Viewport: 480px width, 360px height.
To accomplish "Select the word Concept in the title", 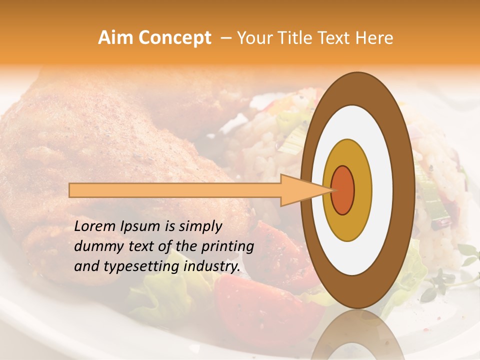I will pos(175,38).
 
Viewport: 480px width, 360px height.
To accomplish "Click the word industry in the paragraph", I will pos(211,266).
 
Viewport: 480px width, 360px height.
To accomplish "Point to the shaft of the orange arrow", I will pos(175,190).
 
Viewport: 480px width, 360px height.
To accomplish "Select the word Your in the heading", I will pos(253,38).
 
